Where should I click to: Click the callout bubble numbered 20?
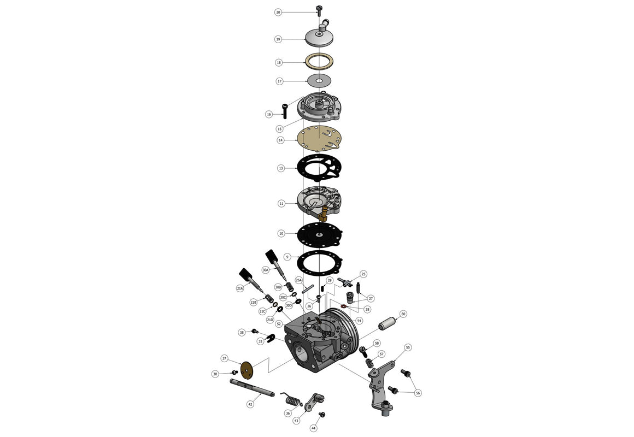coord(278,11)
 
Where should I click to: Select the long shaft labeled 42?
coord(251,389)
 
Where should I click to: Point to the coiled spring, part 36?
coord(291,400)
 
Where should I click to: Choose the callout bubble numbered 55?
coord(408,347)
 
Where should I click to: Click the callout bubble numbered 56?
coord(418,393)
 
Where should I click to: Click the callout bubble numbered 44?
coord(314,428)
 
